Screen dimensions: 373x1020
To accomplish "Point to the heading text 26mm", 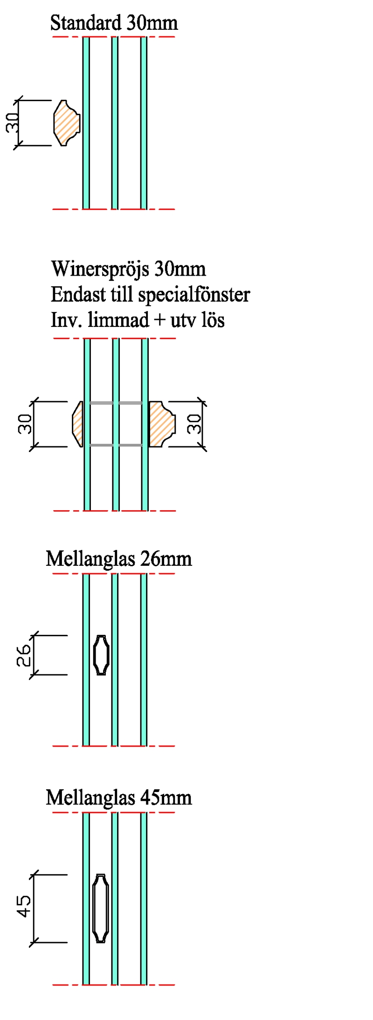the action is coord(166,558).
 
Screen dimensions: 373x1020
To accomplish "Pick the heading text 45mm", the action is coord(166,798).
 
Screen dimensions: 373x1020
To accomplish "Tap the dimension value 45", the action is coord(24,906).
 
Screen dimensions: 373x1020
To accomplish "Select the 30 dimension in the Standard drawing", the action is coord(13,123).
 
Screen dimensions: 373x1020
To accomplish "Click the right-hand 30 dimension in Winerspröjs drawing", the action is coord(195,423).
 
